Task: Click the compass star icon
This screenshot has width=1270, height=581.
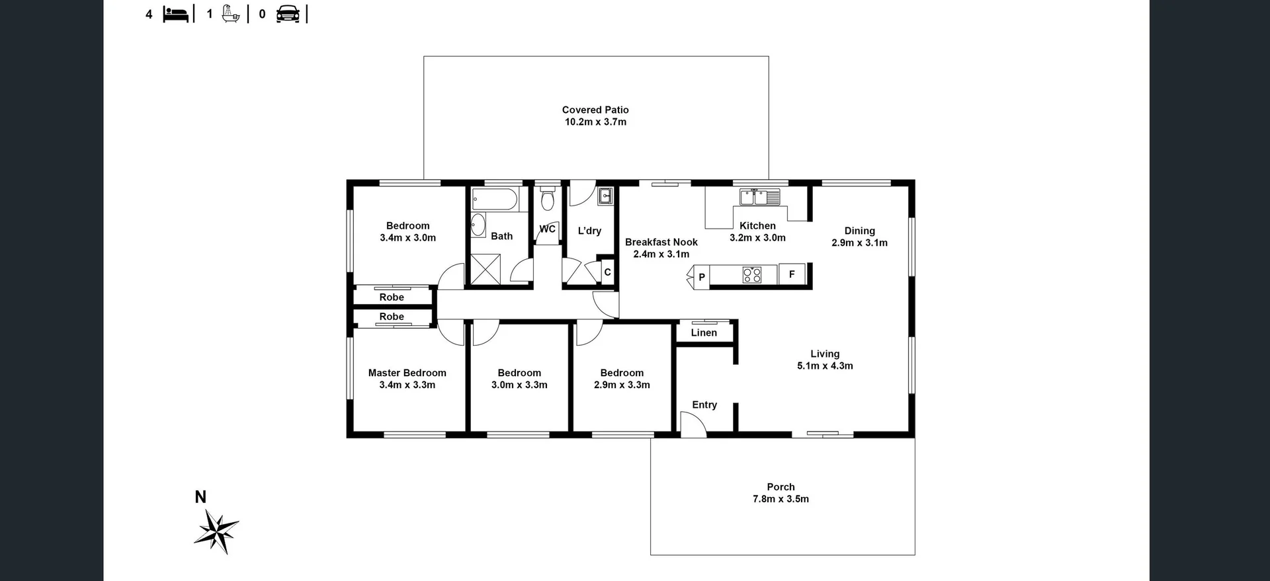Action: pos(216,531)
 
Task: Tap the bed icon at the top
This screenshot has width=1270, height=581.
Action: pos(175,14)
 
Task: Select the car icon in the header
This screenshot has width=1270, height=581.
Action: pos(288,14)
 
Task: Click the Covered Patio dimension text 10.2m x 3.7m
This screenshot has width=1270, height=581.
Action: pos(595,122)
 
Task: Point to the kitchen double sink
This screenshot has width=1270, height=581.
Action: pos(760,197)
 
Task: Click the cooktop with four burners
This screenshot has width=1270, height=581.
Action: pos(752,274)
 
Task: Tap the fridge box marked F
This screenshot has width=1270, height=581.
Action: pos(792,274)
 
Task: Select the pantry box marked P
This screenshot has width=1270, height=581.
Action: pos(701,276)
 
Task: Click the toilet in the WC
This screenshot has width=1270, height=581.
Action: pos(547,199)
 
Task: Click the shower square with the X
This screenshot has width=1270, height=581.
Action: pos(486,270)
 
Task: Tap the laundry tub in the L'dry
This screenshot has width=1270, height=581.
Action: pos(605,196)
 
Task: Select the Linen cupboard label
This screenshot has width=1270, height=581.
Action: pos(704,333)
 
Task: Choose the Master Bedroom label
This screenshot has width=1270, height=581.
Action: pos(407,373)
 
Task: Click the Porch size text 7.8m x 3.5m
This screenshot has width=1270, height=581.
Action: pos(781,499)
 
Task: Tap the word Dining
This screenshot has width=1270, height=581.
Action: pos(859,231)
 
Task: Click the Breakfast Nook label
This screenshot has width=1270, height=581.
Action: pos(661,243)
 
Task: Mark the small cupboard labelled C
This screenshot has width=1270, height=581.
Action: pos(607,272)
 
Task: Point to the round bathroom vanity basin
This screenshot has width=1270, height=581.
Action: pos(478,225)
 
